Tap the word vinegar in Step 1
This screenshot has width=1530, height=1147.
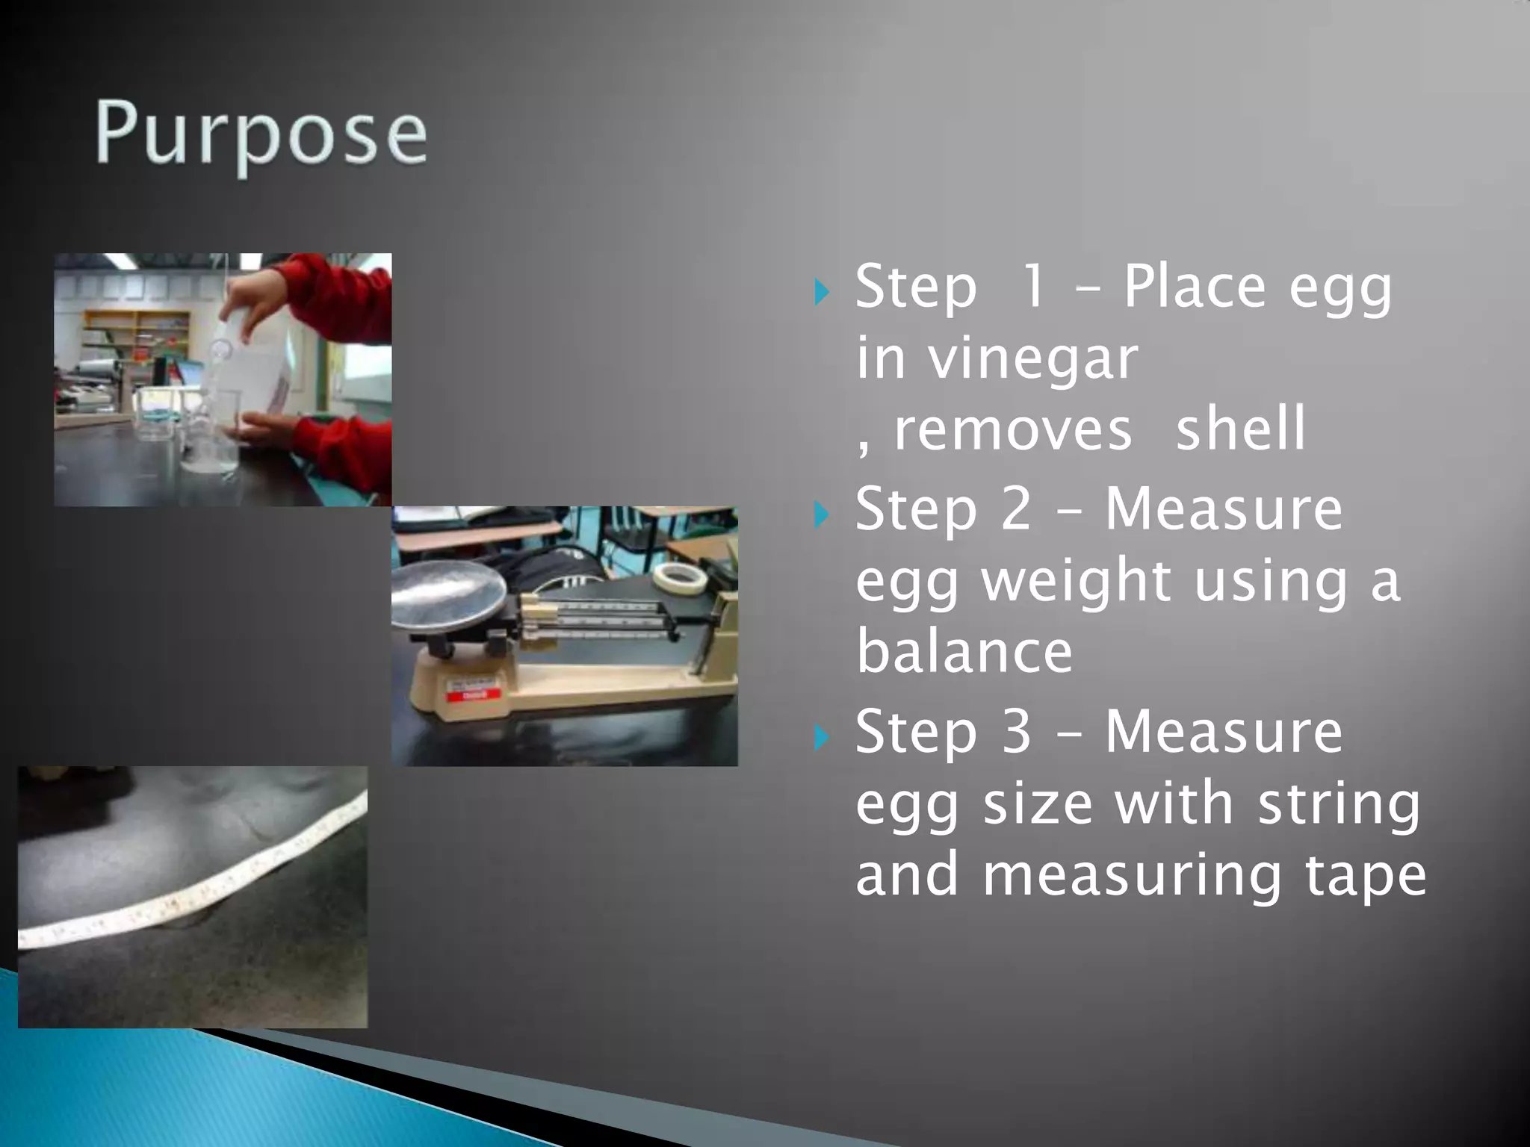(x=1032, y=360)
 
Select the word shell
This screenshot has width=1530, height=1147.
(x=1241, y=429)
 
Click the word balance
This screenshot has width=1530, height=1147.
(x=964, y=651)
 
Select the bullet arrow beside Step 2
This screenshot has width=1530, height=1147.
(x=822, y=515)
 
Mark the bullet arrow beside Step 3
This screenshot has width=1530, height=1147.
(x=822, y=737)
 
